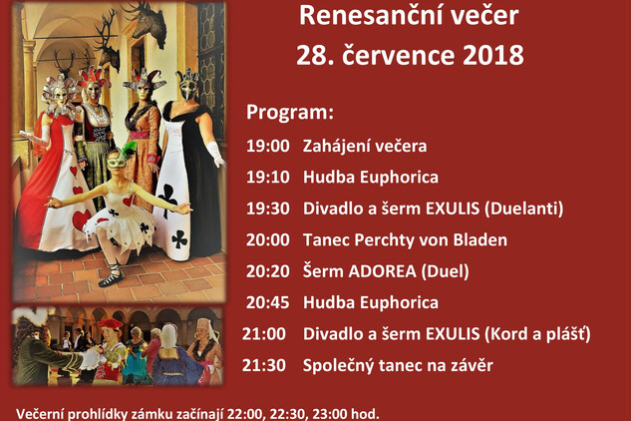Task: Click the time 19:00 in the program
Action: pos(267,146)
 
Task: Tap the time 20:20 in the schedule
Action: pos(267,271)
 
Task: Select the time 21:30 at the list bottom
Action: pos(264,365)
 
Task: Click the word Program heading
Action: pos(290,113)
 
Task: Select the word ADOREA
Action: pos(382,271)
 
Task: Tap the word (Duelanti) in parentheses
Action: pos(524,209)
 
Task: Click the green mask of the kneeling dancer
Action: pos(117,162)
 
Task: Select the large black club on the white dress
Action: pos(167,199)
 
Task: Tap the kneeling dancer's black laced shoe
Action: pos(110,277)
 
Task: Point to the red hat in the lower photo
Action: pos(110,324)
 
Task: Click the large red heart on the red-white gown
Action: pos(82,219)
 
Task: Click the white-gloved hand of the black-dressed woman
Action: pos(216,154)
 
